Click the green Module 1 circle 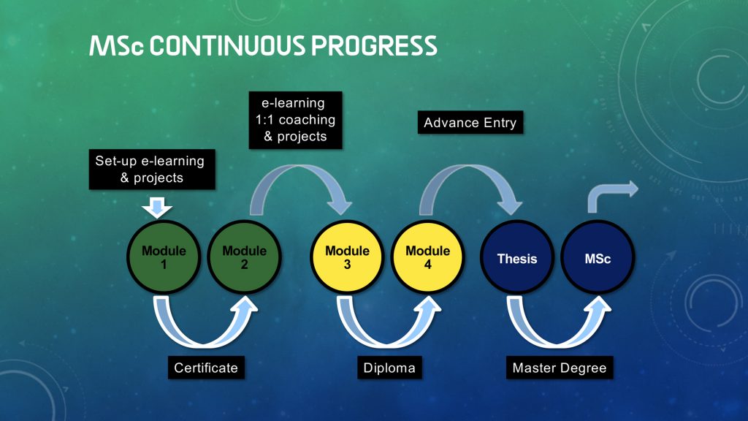pyautogui.click(x=164, y=257)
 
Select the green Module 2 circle pyautogui.click(x=244, y=257)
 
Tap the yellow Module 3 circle pyautogui.click(x=347, y=257)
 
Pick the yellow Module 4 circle pyautogui.click(x=427, y=257)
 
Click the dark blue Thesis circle pyautogui.click(x=517, y=257)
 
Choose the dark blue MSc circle pyautogui.click(x=598, y=257)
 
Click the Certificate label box pyautogui.click(x=206, y=368)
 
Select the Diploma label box pyautogui.click(x=389, y=368)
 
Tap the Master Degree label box pyautogui.click(x=560, y=368)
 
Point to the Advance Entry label pyautogui.click(x=470, y=122)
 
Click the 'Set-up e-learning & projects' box pyautogui.click(x=152, y=170)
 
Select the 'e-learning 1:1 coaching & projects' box pyautogui.click(x=295, y=120)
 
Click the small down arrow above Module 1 pyautogui.click(x=157, y=208)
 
